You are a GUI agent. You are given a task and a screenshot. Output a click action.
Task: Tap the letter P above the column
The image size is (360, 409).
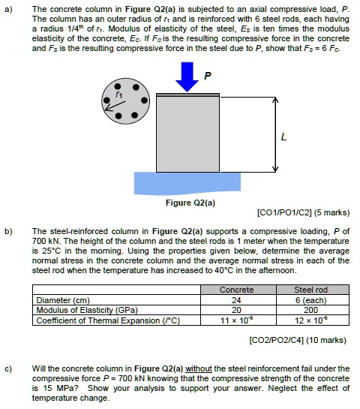(x=208, y=76)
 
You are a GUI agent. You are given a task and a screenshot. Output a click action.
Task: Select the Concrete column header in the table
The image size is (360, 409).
(x=237, y=290)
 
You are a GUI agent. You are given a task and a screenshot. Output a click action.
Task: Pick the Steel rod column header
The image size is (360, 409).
(x=310, y=290)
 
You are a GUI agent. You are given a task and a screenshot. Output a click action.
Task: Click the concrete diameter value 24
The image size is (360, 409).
(x=237, y=299)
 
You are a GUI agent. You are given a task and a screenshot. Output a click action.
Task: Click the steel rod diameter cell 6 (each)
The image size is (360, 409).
(x=310, y=299)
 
